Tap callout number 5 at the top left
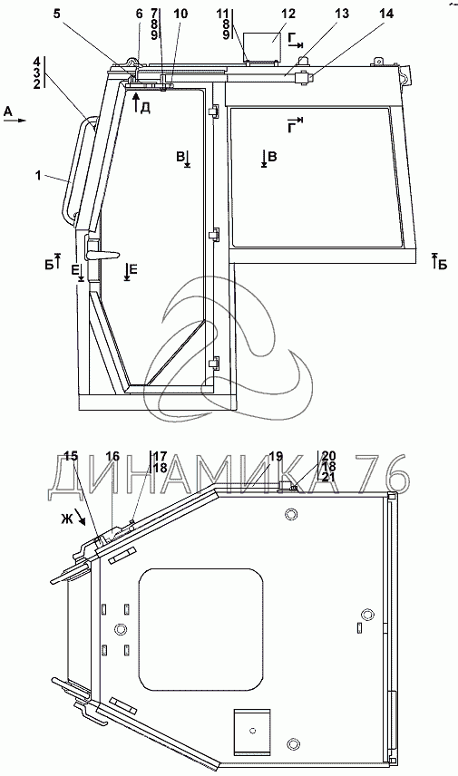coord(58,14)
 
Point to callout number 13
coord(342,14)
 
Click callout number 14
coord(385,14)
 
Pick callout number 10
coord(180,14)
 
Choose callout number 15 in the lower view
coord(72,456)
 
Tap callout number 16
coord(112,456)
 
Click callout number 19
coord(276,456)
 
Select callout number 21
coord(328,477)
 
